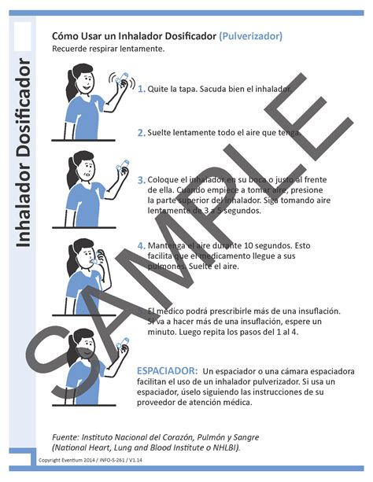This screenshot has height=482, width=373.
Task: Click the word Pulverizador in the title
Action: (251, 36)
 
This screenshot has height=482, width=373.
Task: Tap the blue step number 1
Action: (141, 90)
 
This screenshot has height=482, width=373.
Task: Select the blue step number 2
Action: (141, 133)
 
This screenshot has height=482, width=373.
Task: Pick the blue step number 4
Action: (141, 245)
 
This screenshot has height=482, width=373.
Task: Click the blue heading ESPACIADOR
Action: (167, 370)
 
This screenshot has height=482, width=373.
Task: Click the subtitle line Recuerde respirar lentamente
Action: (109, 49)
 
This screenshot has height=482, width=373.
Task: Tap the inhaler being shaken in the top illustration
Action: (121, 80)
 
